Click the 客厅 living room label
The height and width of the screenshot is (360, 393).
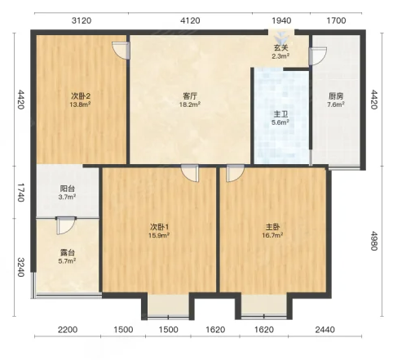point(190,96)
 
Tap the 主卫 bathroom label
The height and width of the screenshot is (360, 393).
point(280,114)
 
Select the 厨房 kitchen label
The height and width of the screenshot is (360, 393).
point(336,96)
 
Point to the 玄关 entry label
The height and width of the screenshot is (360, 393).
point(280,48)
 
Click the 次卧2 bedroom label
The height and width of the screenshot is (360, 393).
point(81,96)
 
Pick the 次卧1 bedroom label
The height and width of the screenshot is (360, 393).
point(159,227)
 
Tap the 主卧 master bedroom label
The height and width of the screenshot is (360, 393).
point(272,227)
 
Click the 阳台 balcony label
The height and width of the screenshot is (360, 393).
point(67,189)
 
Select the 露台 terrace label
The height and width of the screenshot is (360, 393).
point(67,252)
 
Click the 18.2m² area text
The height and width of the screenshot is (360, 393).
point(190,104)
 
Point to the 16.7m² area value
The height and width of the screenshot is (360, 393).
point(272,235)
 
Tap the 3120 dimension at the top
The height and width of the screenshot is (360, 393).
point(82,20)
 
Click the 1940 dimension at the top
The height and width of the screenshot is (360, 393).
point(281,20)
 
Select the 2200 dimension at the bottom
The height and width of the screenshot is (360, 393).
point(68,330)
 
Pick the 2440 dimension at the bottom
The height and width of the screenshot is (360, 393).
point(325,330)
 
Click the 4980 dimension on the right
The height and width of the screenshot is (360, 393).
point(374,241)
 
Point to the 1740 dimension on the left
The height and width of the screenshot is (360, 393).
point(21,193)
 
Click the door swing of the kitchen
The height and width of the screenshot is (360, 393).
point(318,56)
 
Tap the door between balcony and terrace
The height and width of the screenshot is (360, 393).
point(66,225)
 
